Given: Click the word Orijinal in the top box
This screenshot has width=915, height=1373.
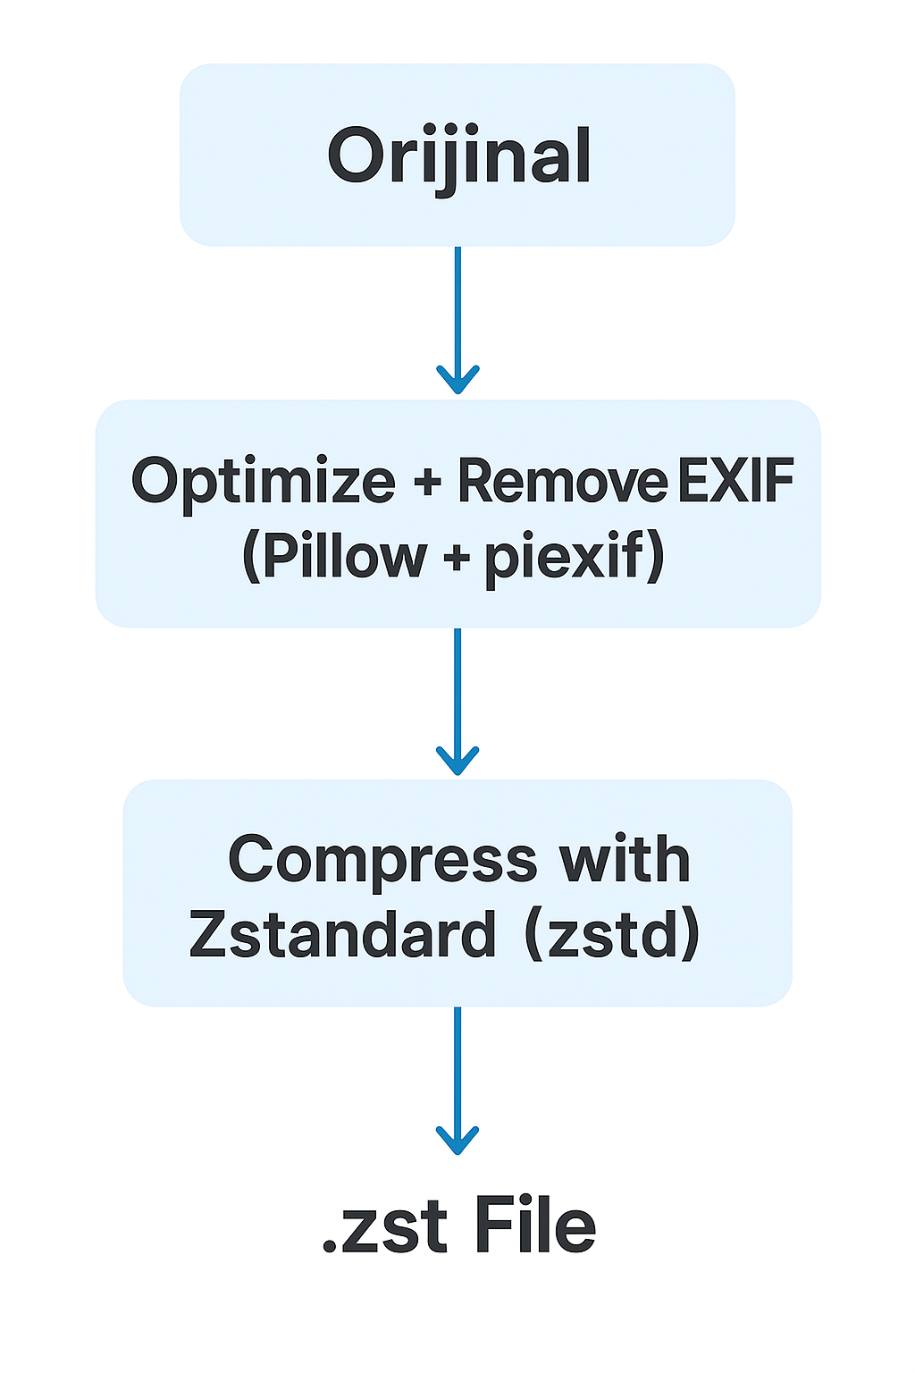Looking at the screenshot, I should pyautogui.click(x=458, y=156).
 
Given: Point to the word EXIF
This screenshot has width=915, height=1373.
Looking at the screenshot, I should pyautogui.click(x=735, y=481).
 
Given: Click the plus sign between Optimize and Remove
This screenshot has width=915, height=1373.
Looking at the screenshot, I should pyautogui.click(x=427, y=484).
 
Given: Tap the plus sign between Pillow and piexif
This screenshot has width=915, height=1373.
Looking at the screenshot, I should pyautogui.click(x=456, y=559).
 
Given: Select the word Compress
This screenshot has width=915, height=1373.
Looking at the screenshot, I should pyautogui.click(x=382, y=861).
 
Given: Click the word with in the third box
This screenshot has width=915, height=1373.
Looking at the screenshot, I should pyautogui.click(x=625, y=859).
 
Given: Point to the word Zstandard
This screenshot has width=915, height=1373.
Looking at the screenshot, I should pyautogui.click(x=342, y=935).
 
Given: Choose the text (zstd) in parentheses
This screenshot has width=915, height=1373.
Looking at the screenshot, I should pyautogui.click(x=611, y=935).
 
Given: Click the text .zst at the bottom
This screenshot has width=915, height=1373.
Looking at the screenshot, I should pyautogui.click(x=383, y=1226).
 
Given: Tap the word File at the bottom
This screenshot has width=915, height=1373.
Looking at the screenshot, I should pyautogui.click(x=534, y=1226).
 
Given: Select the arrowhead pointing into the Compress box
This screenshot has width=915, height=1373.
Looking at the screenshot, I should pyautogui.click(x=457, y=763).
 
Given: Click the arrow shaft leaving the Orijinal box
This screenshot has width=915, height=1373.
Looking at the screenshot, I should pyautogui.click(x=457, y=304).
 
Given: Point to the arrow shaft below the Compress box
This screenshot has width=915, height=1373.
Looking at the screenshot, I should pyautogui.click(x=457, y=1064).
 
